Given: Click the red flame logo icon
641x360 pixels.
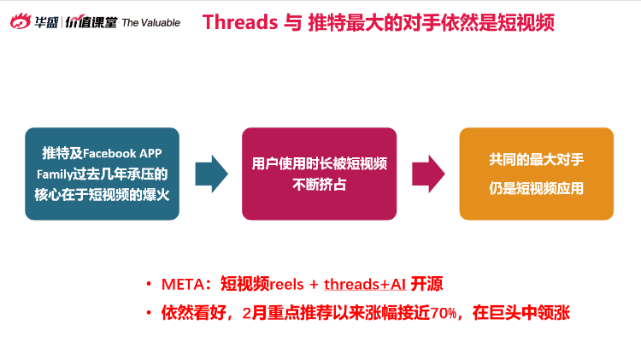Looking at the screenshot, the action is click(x=21, y=21).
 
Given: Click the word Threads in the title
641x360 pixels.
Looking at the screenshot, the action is click(x=240, y=22).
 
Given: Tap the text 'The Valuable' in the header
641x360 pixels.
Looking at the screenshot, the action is click(x=150, y=23).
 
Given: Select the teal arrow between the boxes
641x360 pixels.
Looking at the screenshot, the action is click(x=211, y=174).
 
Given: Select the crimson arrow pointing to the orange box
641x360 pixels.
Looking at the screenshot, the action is click(x=428, y=174).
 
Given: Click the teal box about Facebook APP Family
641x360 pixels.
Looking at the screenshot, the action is click(x=103, y=174).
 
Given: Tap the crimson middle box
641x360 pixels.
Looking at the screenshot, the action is click(x=320, y=174).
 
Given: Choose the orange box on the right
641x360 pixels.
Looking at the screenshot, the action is click(x=537, y=174).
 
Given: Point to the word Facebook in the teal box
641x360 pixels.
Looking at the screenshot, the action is click(x=109, y=153).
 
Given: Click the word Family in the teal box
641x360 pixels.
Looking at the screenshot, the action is click(x=55, y=174).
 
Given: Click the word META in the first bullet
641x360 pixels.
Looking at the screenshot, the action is click(x=182, y=284).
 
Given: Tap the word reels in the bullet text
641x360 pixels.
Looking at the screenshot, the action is click(x=286, y=284).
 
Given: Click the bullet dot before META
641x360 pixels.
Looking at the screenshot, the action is click(x=149, y=284).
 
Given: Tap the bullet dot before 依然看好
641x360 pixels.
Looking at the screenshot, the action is click(x=149, y=313).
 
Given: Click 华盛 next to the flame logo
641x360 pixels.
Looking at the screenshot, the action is click(x=46, y=22).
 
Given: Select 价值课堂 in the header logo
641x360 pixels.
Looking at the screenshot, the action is click(x=91, y=22).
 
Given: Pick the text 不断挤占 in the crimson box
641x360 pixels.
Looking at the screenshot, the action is click(x=320, y=185).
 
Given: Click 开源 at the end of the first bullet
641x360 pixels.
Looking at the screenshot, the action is click(x=426, y=284).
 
